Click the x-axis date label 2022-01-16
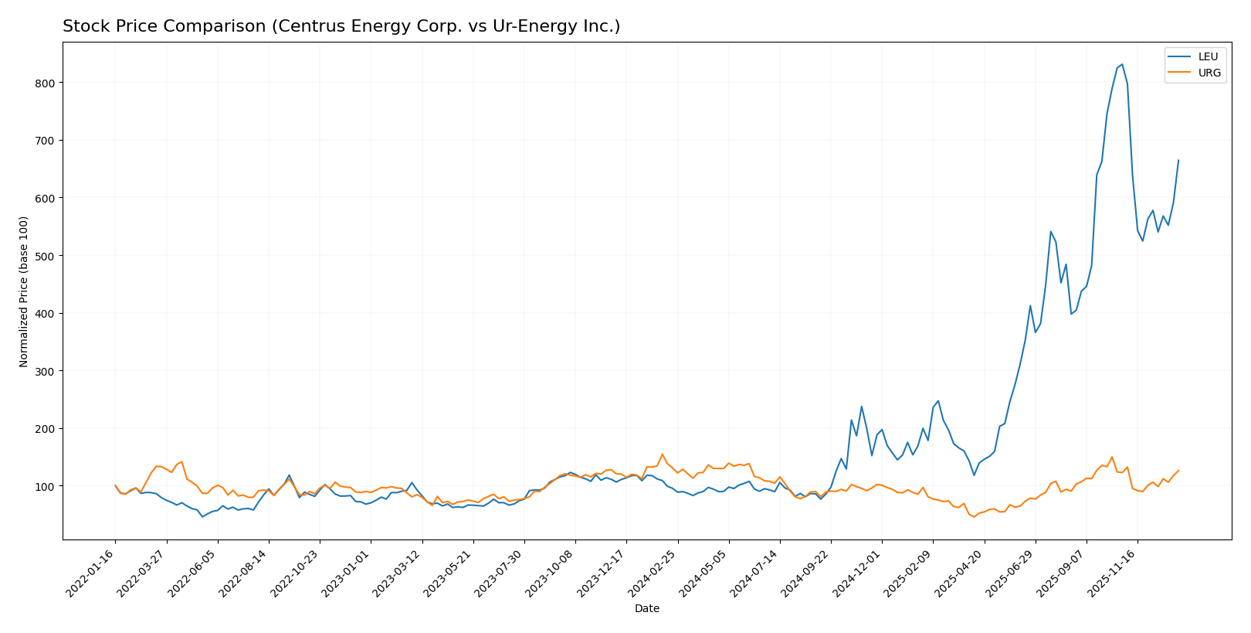[92, 573]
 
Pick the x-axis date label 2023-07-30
[501, 573]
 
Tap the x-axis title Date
[646, 609]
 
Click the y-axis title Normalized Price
[24, 291]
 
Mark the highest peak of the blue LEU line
[1122, 65]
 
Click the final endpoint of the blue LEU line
[1178, 161]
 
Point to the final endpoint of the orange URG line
[1178, 471]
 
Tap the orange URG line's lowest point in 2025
[974, 516]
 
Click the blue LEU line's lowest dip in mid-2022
[202, 516]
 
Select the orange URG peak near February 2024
[662, 454]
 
